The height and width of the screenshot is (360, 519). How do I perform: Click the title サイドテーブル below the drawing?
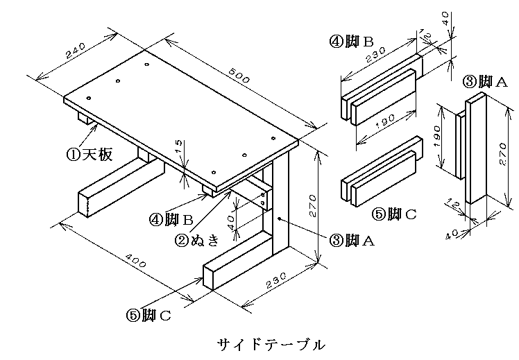(x=271, y=345)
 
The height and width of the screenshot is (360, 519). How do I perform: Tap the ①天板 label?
(x=90, y=154)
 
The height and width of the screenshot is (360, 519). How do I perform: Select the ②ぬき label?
(x=196, y=239)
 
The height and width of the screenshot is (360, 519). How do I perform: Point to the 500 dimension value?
(x=239, y=76)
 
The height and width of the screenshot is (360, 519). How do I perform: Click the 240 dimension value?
(x=76, y=51)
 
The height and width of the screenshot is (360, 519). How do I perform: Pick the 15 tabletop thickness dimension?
(x=178, y=146)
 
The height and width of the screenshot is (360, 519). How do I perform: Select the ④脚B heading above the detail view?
(x=351, y=42)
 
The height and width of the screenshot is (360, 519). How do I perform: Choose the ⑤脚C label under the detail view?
(x=394, y=214)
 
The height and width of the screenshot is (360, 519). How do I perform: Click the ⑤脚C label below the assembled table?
(x=148, y=316)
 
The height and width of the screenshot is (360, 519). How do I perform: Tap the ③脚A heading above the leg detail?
(x=484, y=81)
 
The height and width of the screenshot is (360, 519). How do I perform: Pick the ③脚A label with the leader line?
(x=352, y=240)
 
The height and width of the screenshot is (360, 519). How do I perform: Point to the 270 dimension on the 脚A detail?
(x=503, y=154)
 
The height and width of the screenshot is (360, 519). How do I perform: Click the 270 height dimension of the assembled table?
(x=312, y=206)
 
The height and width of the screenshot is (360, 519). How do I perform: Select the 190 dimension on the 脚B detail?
(x=386, y=122)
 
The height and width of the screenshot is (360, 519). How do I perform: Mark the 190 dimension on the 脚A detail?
(x=437, y=137)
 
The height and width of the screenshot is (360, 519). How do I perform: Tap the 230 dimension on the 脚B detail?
(x=375, y=55)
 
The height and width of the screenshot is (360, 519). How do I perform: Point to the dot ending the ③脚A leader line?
(x=280, y=218)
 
